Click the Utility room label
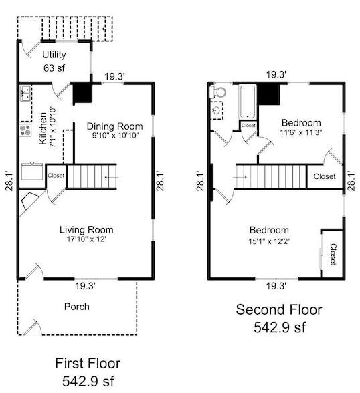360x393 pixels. pyautogui.click(x=54, y=54)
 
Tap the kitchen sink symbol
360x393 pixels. pyautogui.click(x=24, y=94)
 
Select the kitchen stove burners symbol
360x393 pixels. pyautogui.click(x=25, y=129)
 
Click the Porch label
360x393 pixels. pyautogui.click(x=77, y=307)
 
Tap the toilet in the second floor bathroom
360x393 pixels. pyautogui.click(x=219, y=93)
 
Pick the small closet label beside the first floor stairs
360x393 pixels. pyautogui.click(x=56, y=176)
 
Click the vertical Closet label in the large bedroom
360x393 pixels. pyautogui.click(x=333, y=254)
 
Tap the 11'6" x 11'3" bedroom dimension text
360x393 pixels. pyautogui.click(x=300, y=133)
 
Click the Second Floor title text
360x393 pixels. pyautogui.click(x=278, y=310)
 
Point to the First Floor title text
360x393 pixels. pyautogui.click(x=87, y=364)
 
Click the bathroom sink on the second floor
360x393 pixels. pyautogui.click(x=217, y=110)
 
